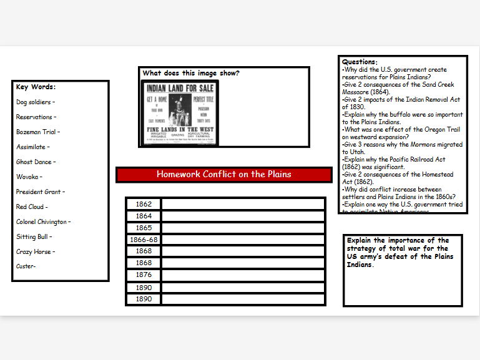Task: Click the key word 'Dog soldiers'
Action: click(x=34, y=102)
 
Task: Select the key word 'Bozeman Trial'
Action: click(x=37, y=132)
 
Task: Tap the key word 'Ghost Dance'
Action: click(x=35, y=162)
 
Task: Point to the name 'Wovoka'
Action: click(x=28, y=177)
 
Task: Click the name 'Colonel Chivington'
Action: click(x=42, y=221)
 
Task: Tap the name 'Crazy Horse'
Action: click(x=34, y=251)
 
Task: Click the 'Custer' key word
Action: click(x=26, y=266)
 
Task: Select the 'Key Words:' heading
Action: click(x=36, y=87)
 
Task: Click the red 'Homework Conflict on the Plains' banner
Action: click(x=223, y=174)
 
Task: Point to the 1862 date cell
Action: click(x=144, y=204)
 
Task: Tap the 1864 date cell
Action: click(x=144, y=216)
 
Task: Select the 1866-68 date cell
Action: click(x=144, y=240)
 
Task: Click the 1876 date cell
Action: click(x=144, y=275)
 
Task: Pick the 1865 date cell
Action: click(x=144, y=228)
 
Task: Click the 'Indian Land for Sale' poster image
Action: click(x=180, y=113)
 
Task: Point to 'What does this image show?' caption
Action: click(x=190, y=73)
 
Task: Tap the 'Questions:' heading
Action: click(x=360, y=62)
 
